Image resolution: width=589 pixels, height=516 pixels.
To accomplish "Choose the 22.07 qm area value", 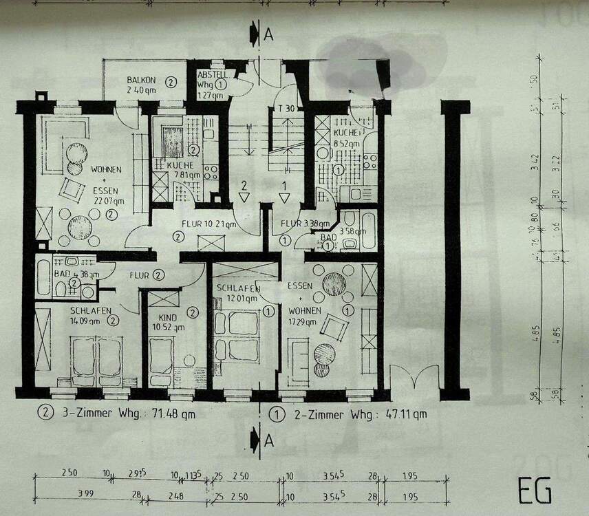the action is [x=108, y=201].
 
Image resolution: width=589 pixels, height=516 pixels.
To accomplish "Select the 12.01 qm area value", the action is [x=237, y=298].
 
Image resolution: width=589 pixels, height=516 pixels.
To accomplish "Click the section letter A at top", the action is [x=269, y=34].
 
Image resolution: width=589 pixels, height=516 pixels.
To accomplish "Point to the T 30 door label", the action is [x=286, y=109].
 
